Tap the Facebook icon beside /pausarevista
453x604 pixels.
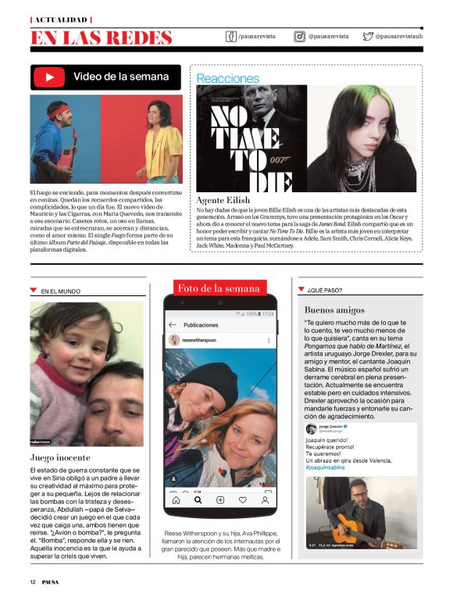231,36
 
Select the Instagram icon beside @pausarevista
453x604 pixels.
299,36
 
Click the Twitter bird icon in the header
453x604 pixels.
368,36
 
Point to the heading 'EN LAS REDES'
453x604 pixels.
101,38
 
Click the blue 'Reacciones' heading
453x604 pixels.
227,78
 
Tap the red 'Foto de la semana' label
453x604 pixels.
219,288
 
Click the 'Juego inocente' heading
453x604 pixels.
60,457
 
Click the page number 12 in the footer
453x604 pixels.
33,581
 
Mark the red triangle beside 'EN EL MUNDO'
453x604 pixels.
33,290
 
